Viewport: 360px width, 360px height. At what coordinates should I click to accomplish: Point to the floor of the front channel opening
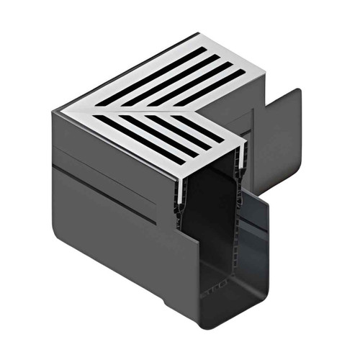tap(223, 292)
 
